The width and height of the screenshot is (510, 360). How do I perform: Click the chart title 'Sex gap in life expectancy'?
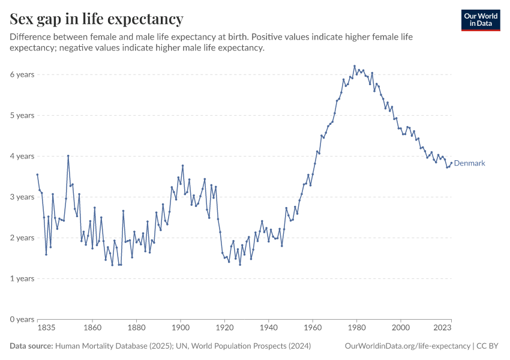[97, 19]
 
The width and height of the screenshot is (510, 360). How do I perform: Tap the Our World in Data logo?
[480, 20]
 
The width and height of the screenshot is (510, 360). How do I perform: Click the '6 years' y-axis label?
[22, 74]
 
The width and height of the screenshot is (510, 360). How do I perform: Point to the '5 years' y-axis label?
[22, 115]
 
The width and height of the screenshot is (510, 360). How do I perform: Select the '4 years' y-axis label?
[22, 156]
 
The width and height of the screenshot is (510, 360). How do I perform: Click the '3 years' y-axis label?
[22, 197]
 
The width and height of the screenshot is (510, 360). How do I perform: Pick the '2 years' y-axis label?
[22, 238]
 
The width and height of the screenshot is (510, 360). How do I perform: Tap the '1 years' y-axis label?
[22, 278]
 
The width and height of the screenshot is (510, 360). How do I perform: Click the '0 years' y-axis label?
[22, 319]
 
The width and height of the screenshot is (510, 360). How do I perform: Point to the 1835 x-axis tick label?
[46, 328]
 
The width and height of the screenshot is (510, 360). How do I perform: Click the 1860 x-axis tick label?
[92, 328]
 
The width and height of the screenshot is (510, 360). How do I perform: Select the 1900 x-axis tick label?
[181, 328]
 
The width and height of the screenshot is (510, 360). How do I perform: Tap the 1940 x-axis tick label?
[268, 328]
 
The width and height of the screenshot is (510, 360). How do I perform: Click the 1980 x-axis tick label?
[356, 328]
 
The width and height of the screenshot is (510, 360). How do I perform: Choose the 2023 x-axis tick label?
[443, 328]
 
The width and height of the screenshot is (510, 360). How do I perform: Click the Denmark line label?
[469, 163]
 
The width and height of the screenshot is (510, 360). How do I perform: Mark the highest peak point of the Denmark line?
[355, 66]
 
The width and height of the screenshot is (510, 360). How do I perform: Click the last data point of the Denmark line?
[451, 163]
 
